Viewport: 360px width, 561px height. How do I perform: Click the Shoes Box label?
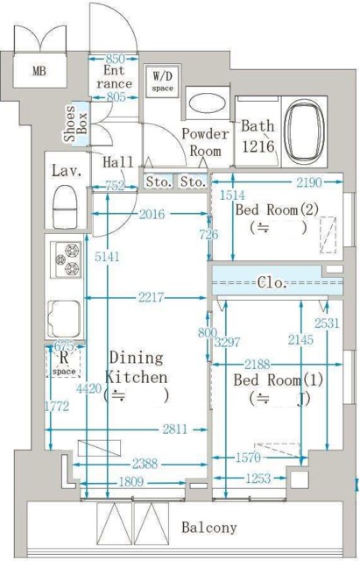tap(75, 125)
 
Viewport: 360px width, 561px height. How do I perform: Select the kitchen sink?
tap(66, 316)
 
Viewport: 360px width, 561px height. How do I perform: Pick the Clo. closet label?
tap(271, 282)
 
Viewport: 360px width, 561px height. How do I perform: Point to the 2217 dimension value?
tap(151, 299)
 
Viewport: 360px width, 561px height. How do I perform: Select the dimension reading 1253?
tap(258, 479)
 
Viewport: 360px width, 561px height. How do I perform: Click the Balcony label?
tap(208, 528)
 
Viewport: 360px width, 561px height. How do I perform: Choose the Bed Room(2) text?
tap(277, 210)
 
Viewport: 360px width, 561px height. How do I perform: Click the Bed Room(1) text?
tap(277, 381)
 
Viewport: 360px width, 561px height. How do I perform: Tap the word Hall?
tap(117, 162)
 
